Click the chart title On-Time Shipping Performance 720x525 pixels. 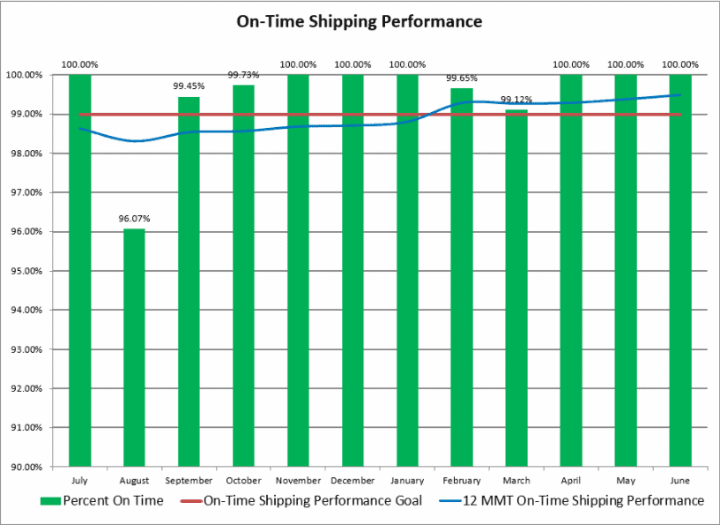pos(360,21)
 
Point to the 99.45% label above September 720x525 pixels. pos(189,86)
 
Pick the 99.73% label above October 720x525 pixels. pos(243,75)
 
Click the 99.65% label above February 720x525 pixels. pos(462,79)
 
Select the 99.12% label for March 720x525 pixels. pos(516,100)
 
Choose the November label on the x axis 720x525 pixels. pos(298,481)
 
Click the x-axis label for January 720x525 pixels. pos(407,481)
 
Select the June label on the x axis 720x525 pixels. pos(680,481)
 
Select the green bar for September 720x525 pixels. pos(189,281)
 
